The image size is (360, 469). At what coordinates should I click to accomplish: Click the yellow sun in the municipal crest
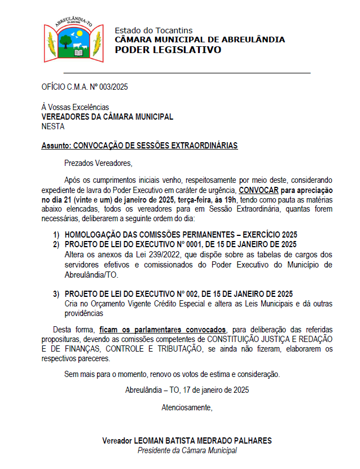tap(80, 35)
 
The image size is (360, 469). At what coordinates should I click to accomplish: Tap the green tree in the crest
tap(65, 40)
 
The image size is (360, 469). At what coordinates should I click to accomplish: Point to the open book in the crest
tap(78, 52)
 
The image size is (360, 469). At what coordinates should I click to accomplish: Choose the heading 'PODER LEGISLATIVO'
tap(168, 50)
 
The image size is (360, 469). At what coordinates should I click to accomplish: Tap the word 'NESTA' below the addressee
tap(53, 127)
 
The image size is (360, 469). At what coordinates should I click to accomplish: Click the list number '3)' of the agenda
tap(56, 293)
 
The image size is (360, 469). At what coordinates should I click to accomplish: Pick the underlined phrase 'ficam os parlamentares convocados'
tap(163, 330)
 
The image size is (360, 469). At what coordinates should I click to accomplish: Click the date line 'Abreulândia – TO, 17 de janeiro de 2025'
tap(187, 389)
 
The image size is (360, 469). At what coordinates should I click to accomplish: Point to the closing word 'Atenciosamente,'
tap(187, 407)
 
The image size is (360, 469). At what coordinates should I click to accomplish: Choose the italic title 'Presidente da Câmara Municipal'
tap(187, 450)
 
